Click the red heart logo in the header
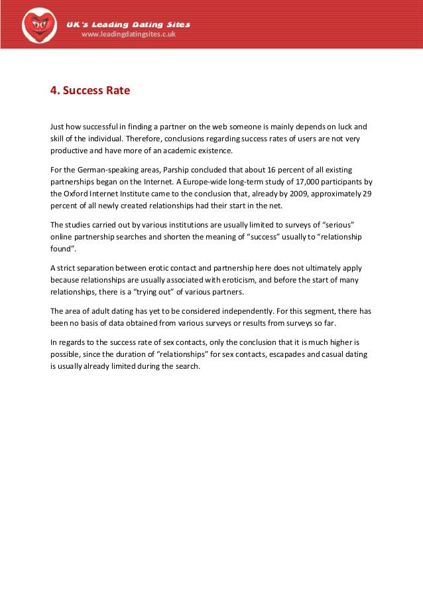tap(39, 25)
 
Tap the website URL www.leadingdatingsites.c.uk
tap(128, 34)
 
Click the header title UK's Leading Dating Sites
tap(128, 25)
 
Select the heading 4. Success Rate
tap(90, 91)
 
